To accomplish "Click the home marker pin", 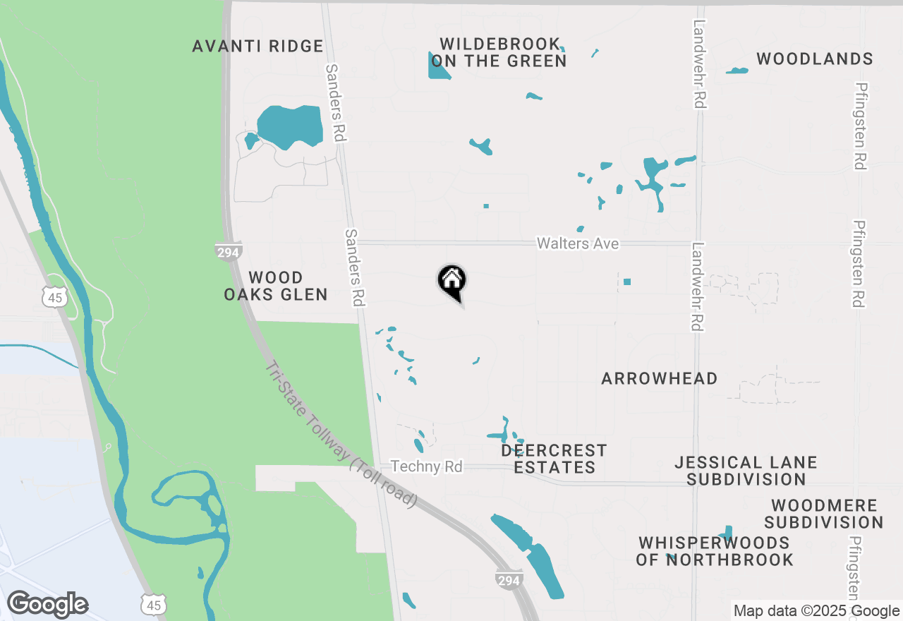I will (451, 280).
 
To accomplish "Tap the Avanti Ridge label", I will (258, 47).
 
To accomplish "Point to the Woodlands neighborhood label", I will (815, 59).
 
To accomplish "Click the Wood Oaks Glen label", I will (276, 286).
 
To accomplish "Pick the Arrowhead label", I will (660, 379).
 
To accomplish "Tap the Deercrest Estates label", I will (554, 459).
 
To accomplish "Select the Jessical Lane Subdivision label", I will (746, 471).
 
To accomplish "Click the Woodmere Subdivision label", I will (824, 514).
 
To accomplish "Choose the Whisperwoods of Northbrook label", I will (715, 552).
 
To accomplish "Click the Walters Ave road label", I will (578, 243).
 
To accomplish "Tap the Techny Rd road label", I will (427, 467).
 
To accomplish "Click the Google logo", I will (48, 605).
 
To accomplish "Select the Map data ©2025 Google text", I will (816, 611).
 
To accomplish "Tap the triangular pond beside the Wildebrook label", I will (437, 67).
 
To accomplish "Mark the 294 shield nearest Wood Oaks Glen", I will (229, 252).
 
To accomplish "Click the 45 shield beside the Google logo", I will (153, 605).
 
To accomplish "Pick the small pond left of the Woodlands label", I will (737, 71).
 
